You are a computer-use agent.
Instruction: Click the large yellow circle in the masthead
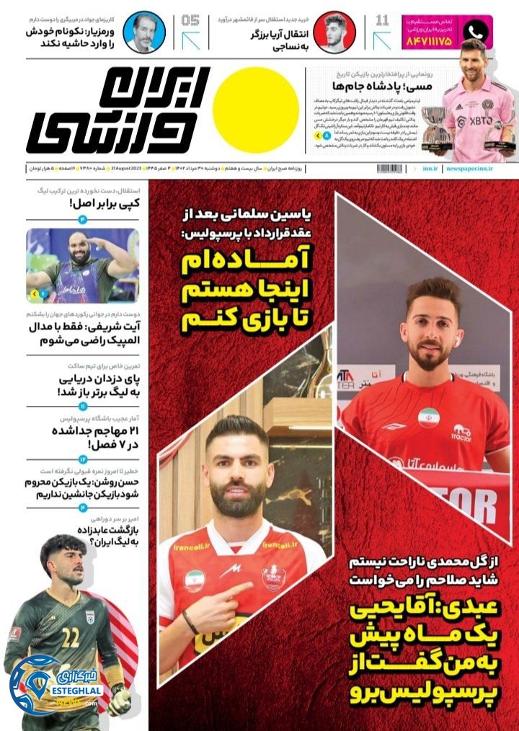[256, 110]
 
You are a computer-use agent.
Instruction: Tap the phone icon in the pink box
[474, 32]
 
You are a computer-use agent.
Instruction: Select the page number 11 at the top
[383, 20]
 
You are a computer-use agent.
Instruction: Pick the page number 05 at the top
[192, 20]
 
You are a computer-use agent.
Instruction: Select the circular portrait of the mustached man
[143, 32]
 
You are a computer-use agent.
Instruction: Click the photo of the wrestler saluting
[81, 265]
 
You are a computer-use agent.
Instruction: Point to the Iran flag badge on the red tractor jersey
[429, 417]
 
